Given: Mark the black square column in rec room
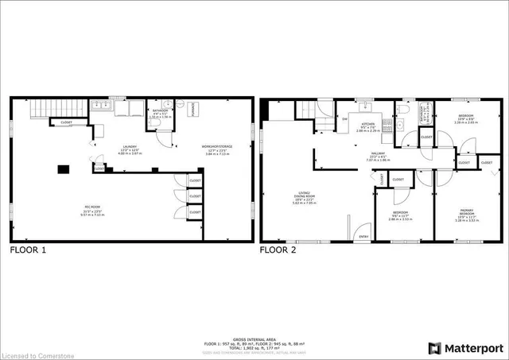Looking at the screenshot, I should pyautogui.click(x=62, y=168).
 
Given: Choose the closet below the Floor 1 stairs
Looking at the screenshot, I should pyautogui.click(x=60, y=122).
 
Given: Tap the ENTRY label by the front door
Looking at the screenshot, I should pyautogui.click(x=363, y=236).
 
